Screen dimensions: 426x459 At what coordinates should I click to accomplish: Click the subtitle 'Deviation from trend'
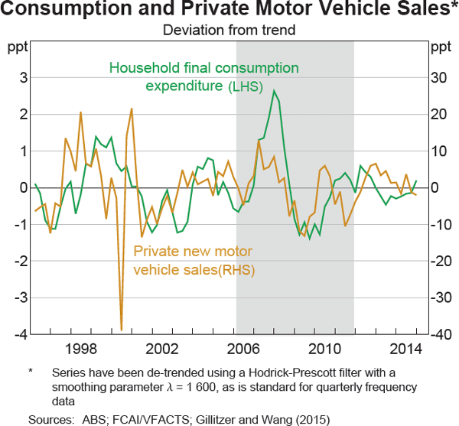point(229,31)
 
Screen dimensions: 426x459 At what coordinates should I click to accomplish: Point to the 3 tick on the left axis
point(23,78)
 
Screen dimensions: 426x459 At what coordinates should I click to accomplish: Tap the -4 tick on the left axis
point(21,335)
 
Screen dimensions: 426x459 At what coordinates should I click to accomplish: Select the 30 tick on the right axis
point(441,78)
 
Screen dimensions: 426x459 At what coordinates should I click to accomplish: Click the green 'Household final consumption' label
point(203,68)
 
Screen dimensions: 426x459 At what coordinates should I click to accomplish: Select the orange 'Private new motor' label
point(193,252)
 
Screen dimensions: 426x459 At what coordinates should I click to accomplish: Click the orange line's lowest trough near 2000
point(121,330)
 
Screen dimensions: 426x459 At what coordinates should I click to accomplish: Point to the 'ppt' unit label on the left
point(18,48)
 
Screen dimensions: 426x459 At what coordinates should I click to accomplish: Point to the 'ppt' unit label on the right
point(441,48)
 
